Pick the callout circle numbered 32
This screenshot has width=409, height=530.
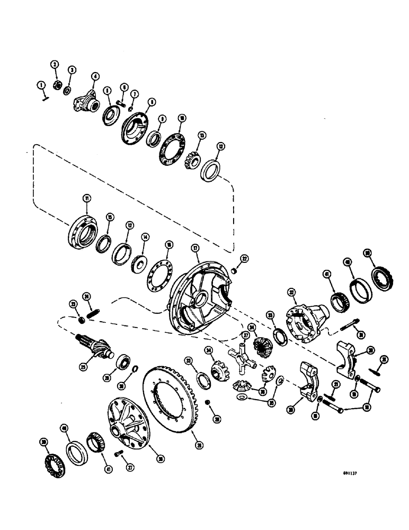pos(291,291)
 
